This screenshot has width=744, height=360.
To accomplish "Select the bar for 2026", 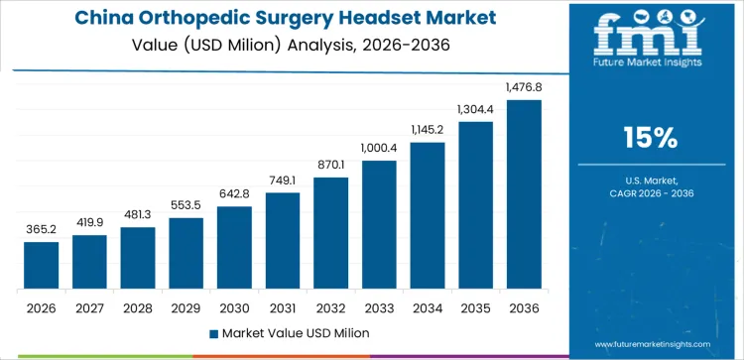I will pos(41,265).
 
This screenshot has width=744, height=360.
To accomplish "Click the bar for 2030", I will pos(234,247).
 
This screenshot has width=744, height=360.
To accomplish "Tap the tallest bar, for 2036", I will pos(524,194).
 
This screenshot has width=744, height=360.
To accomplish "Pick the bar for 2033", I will pos(379,224).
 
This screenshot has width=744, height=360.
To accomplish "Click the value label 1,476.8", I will pos(524,88).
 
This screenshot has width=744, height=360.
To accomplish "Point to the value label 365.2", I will pos(41,229).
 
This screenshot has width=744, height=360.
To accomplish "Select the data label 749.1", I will pos(283,180).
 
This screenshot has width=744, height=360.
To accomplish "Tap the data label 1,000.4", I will pos(379,148).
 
